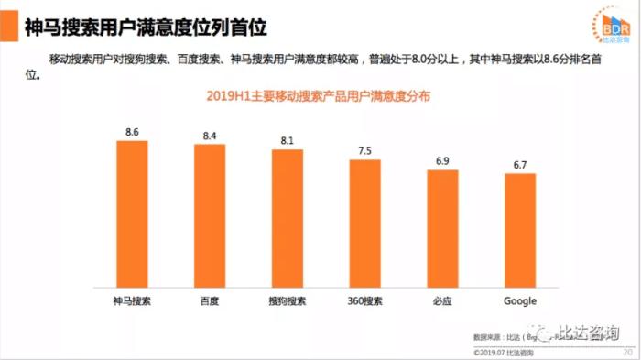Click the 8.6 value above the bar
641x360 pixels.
click(x=132, y=133)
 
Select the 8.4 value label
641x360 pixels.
click(x=210, y=136)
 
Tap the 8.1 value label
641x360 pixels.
click(x=288, y=141)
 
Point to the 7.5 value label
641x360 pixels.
click(x=364, y=151)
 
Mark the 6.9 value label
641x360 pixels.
click(x=442, y=161)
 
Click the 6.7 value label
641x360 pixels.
click(x=520, y=165)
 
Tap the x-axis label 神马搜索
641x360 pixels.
click(x=132, y=301)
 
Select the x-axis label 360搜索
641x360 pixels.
click(x=364, y=301)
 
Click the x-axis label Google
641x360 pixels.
click(x=520, y=301)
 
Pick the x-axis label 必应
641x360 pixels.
click(x=442, y=301)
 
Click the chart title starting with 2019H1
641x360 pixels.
click(x=320, y=96)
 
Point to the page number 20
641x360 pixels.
click(x=626, y=352)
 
